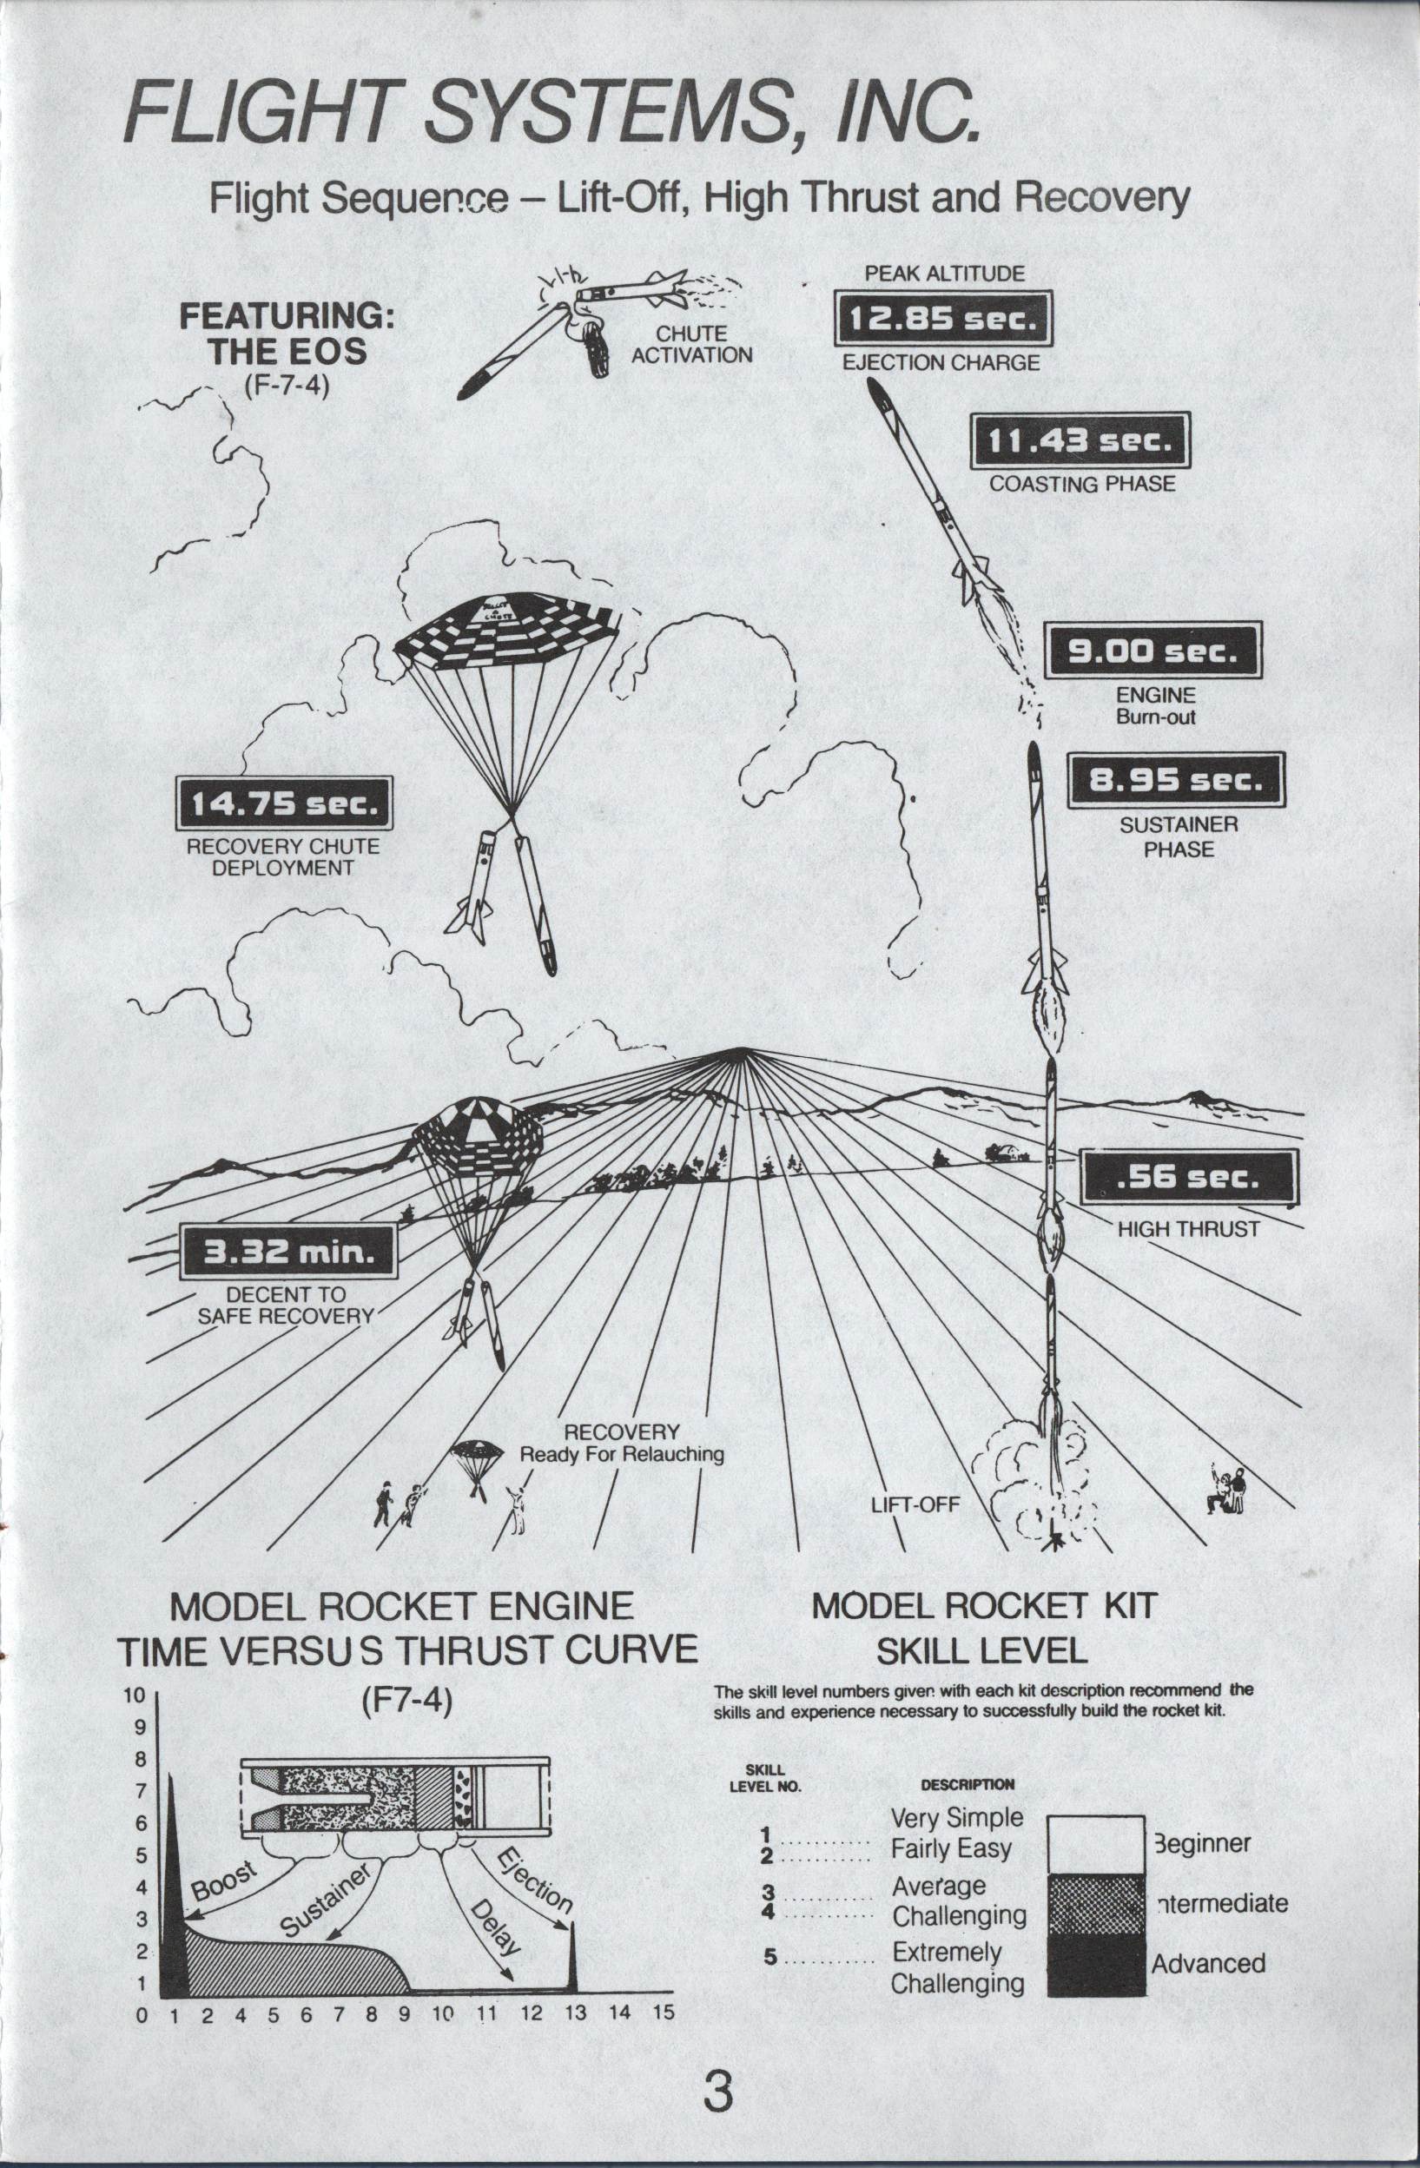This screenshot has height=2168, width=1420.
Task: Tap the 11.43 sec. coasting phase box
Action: tap(1080, 441)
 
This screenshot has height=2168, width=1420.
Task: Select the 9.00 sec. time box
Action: tap(1153, 651)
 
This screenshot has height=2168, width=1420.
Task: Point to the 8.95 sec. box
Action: tap(1176, 780)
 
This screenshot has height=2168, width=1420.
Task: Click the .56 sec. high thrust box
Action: tap(1188, 1177)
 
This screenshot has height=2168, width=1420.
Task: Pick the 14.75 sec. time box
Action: tap(283, 803)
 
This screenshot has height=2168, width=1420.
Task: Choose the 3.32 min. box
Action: tap(288, 1252)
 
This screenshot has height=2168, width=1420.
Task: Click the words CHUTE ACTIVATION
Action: tap(691, 344)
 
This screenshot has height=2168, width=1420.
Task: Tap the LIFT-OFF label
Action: tap(915, 1504)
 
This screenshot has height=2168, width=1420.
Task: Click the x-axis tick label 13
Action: tap(574, 2013)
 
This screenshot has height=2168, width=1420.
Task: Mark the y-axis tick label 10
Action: tap(134, 1695)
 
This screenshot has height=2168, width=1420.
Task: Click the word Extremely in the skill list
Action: tap(947, 1952)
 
